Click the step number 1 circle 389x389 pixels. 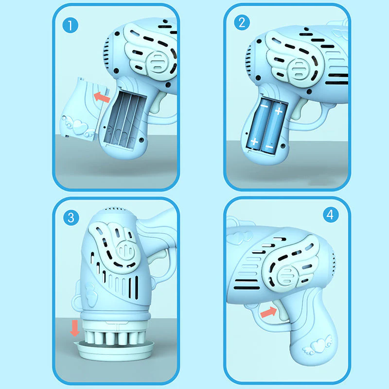click(x=71, y=25)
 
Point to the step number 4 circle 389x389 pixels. click(x=331, y=214)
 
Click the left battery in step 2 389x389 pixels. click(x=258, y=124)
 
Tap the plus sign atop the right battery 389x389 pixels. click(x=278, y=111)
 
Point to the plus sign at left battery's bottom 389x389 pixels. click(x=254, y=141)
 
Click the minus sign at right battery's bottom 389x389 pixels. click(x=269, y=145)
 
